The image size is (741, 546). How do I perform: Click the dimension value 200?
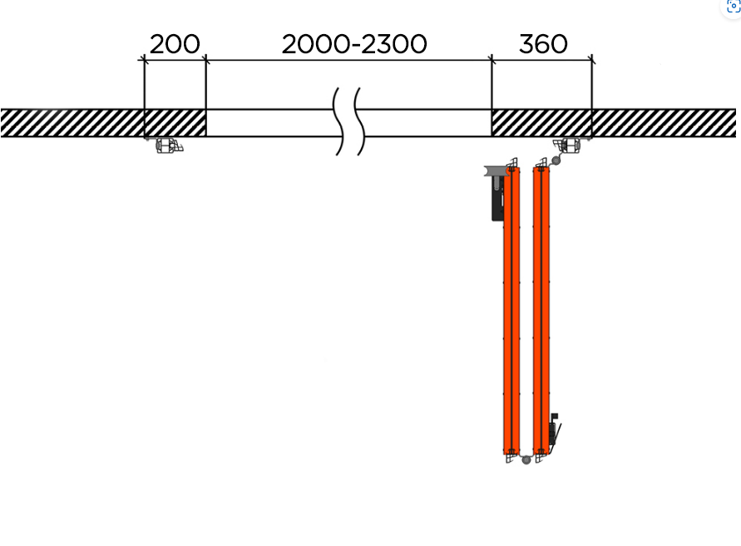(x=175, y=44)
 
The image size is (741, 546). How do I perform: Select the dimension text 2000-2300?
(x=354, y=44)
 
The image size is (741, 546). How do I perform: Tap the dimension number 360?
(x=543, y=44)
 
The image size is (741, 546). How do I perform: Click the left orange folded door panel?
(x=511, y=310)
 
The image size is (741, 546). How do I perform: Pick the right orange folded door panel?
(x=541, y=310)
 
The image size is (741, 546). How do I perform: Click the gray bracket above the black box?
(x=495, y=171)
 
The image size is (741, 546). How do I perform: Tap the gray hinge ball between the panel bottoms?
(x=526, y=459)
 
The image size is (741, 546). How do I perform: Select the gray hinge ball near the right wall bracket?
(x=556, y=161)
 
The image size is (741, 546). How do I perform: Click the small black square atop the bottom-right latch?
(x=555, y=416)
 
